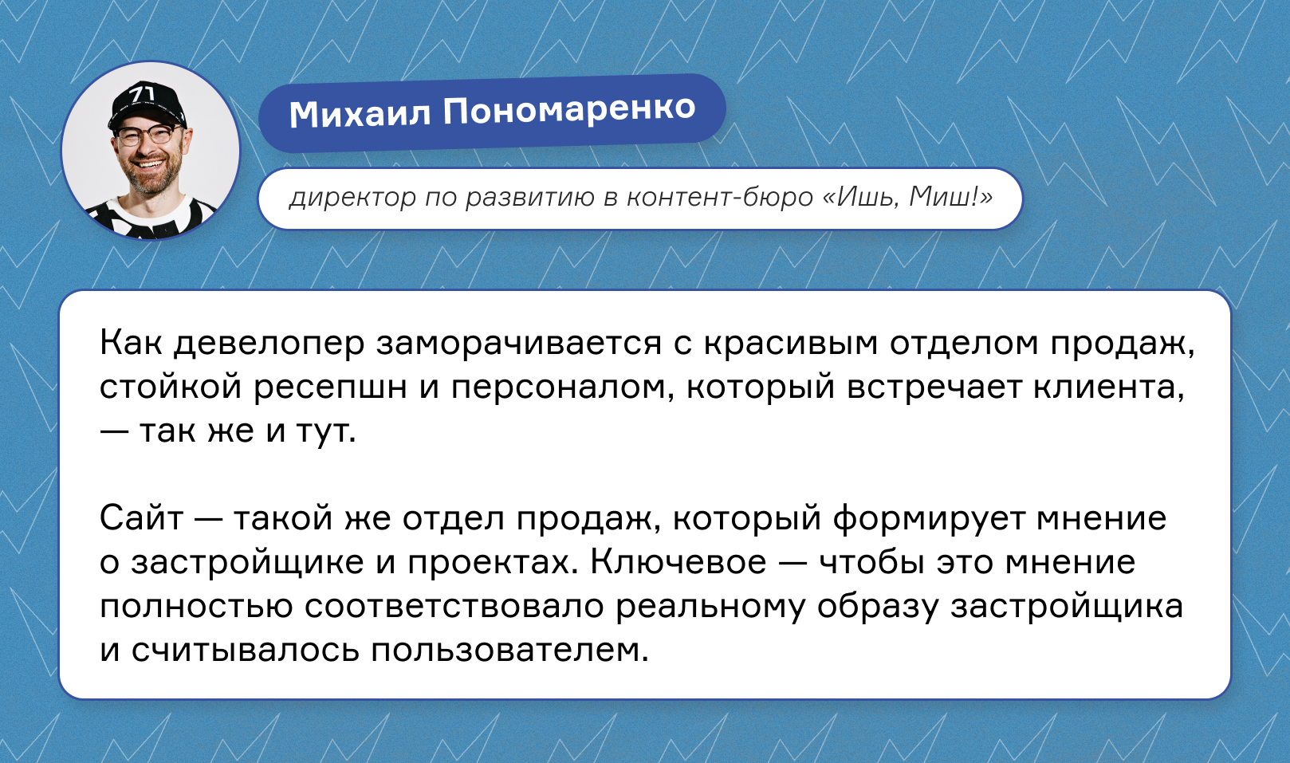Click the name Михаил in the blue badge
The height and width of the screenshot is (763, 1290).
point(360,113)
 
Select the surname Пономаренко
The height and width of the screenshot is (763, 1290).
point(569,109)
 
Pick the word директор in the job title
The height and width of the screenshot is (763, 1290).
point(352,198)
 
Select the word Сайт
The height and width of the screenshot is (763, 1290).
point(141,517)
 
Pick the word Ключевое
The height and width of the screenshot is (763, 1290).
point(679,561)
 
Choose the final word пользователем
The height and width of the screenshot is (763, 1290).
point(509,650)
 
